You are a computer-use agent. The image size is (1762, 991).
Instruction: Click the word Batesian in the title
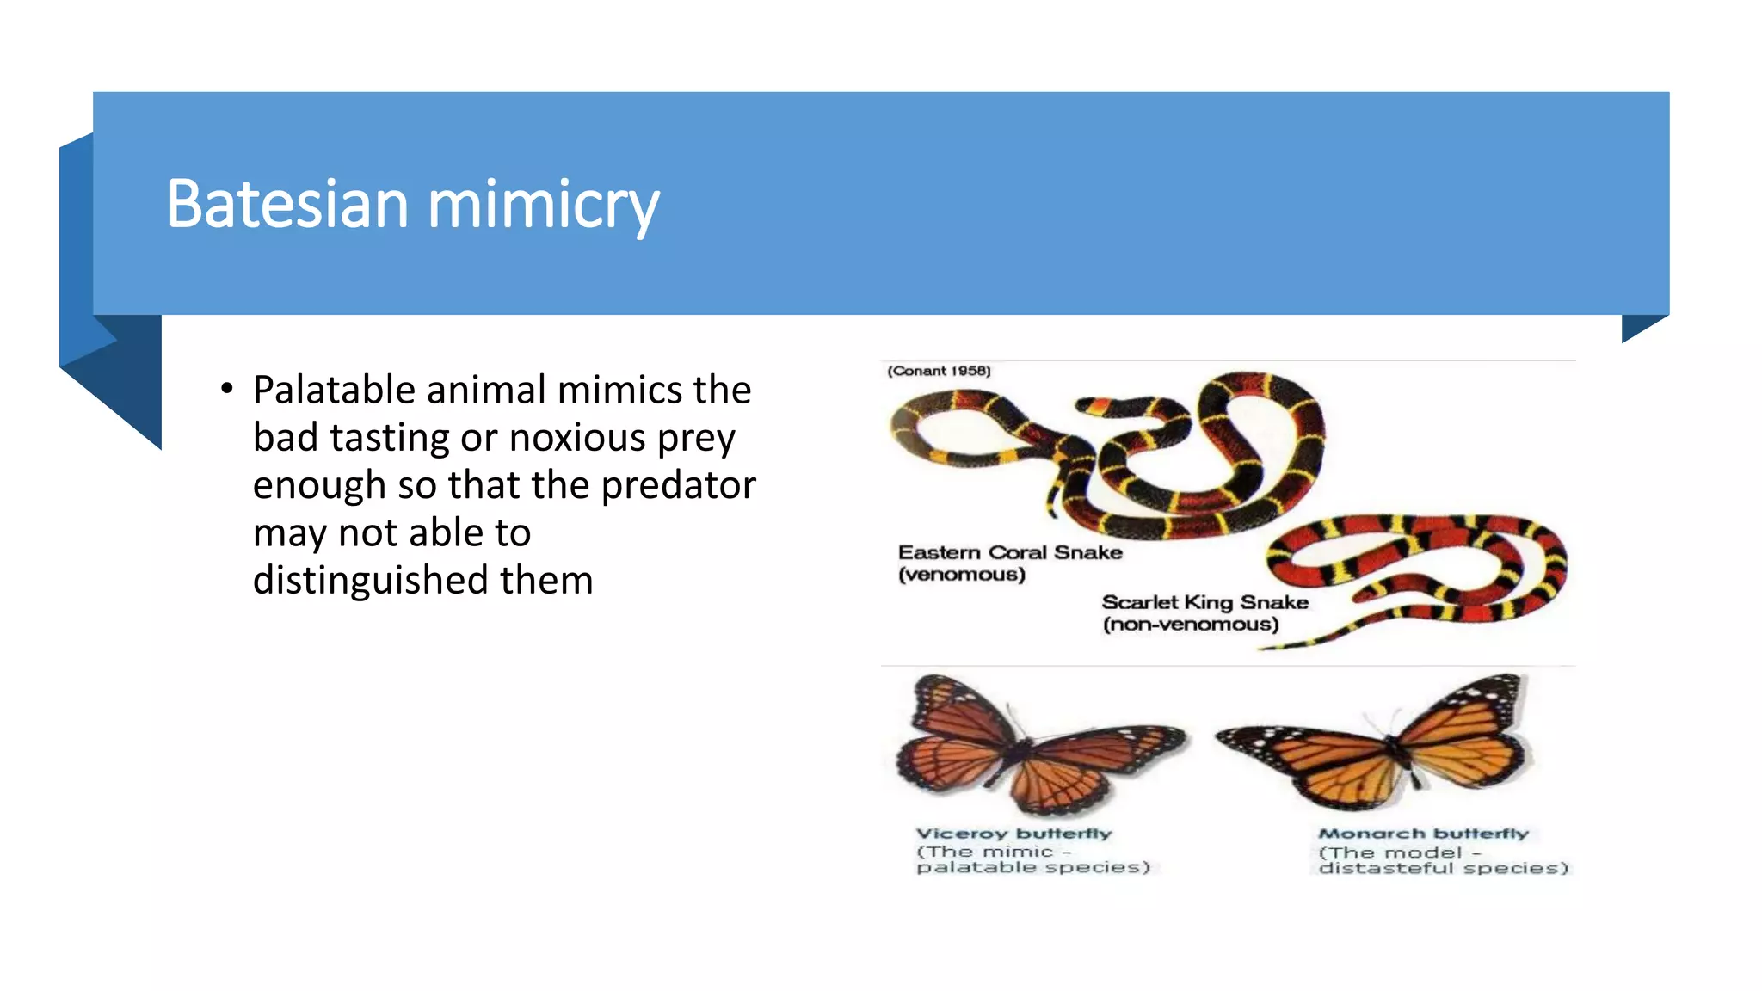(287, 205)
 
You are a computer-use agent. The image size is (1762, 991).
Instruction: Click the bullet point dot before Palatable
(226, 389)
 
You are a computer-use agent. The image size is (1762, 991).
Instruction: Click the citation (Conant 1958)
(939, 371)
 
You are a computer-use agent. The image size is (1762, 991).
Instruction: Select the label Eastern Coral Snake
(1010, 552)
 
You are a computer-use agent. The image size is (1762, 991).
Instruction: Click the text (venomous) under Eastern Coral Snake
(961, 575)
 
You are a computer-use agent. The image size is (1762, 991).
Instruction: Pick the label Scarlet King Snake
(1204, 602)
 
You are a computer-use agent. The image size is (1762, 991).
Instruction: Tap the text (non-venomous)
(1191, 625)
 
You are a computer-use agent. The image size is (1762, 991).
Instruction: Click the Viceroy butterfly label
(1013, 833)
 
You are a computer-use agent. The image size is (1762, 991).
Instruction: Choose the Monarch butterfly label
(1423, 833)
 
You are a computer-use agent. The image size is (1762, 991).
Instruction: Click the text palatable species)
(1032, 867)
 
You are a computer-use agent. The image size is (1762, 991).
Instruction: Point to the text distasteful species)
(1443, 868)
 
